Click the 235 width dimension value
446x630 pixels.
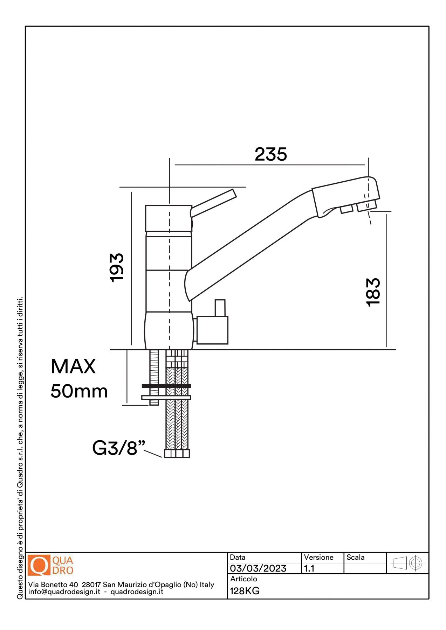point(270,154)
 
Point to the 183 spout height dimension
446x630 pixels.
point(373,292)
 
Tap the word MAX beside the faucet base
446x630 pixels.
point(73,366)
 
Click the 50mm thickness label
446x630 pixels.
point(79,391)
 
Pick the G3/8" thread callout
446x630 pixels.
point(118,448)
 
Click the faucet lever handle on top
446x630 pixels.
point(214,202)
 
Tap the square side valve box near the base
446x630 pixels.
point(212,330)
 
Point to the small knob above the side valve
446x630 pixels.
point(220,308)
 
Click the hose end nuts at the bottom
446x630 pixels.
point(177,454)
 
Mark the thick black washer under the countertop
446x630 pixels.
point(166,386)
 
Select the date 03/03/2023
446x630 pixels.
point(258,568)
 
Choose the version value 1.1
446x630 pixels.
point(309,568)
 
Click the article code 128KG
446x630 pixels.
point(245,591)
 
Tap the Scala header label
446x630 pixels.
point(355,558)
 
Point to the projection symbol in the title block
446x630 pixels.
point(407,563)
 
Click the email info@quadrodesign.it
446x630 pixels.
point(64,592)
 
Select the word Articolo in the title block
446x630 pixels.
point(243,579)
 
